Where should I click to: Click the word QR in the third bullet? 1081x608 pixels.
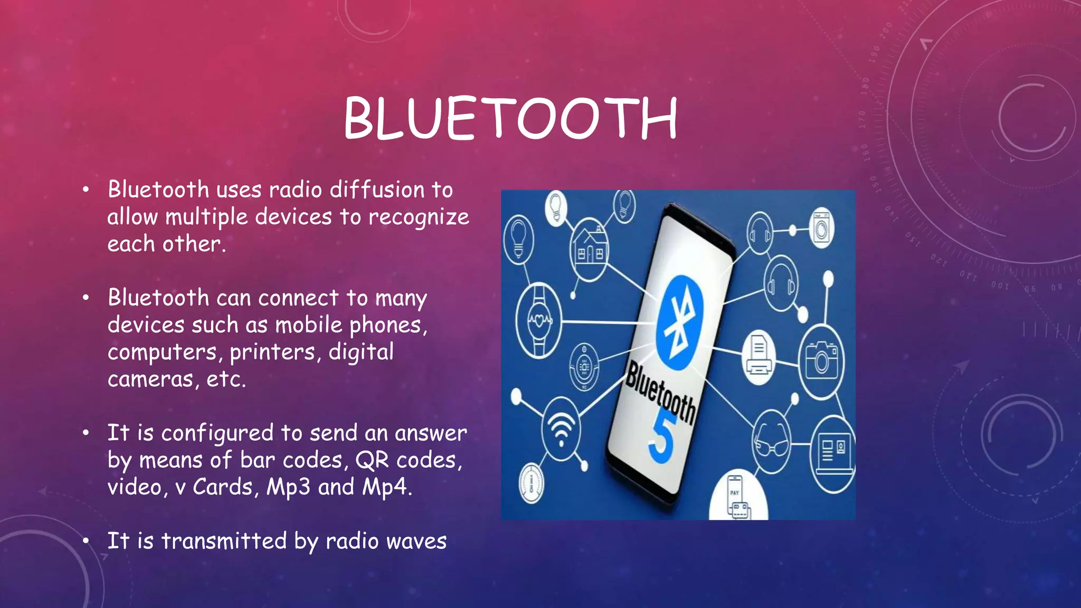pos(372,460)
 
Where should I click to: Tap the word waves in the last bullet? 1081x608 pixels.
pos(416,541)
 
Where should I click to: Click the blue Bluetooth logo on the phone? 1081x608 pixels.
pos(680,321)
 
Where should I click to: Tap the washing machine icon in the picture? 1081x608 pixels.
pos(821,227)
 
